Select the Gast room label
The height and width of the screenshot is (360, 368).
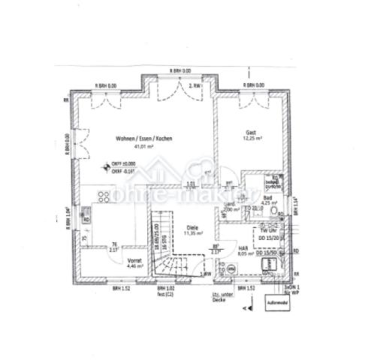tap(250, 131)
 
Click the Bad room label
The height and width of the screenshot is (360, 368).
tap(267, 196)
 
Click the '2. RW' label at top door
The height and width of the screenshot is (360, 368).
tap(195, 87)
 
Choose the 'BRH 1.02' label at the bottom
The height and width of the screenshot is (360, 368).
tap(165, 288)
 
